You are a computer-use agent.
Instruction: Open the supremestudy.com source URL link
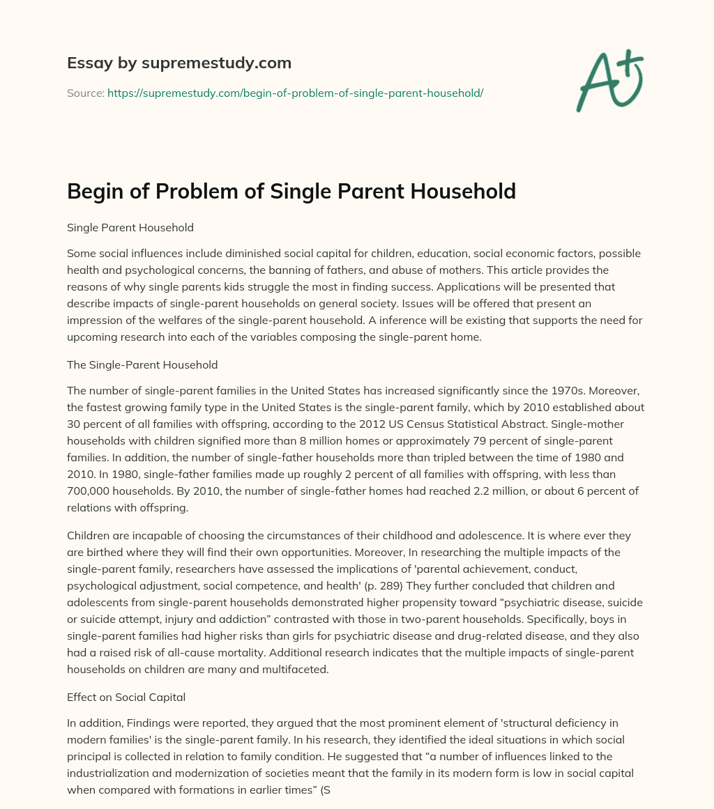pos(295,93)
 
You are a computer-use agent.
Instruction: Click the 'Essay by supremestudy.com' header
pos(179,63)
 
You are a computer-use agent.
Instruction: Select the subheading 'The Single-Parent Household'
pos(142,364)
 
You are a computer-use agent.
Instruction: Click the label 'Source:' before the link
pos(86,93)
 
